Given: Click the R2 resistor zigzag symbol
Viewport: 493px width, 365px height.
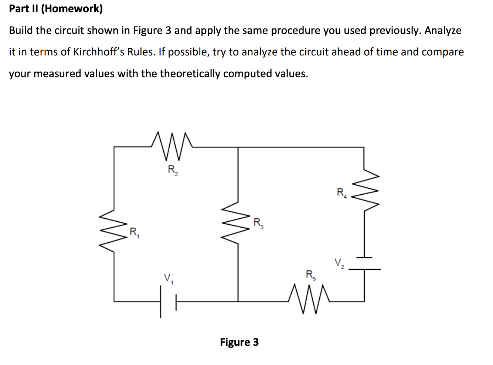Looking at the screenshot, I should point(172,146).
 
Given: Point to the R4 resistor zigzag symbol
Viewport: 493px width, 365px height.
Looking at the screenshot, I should point(364,190).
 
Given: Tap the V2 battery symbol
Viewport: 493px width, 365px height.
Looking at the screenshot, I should point(364,263).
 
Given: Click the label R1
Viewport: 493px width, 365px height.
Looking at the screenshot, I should point(134,232).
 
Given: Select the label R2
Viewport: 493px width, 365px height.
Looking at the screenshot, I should point(173,170).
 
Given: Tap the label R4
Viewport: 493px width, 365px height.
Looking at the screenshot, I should point(341,193).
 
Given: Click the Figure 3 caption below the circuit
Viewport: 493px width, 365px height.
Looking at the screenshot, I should point(239,342).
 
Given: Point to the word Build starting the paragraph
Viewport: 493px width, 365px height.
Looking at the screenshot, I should point(21,30).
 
